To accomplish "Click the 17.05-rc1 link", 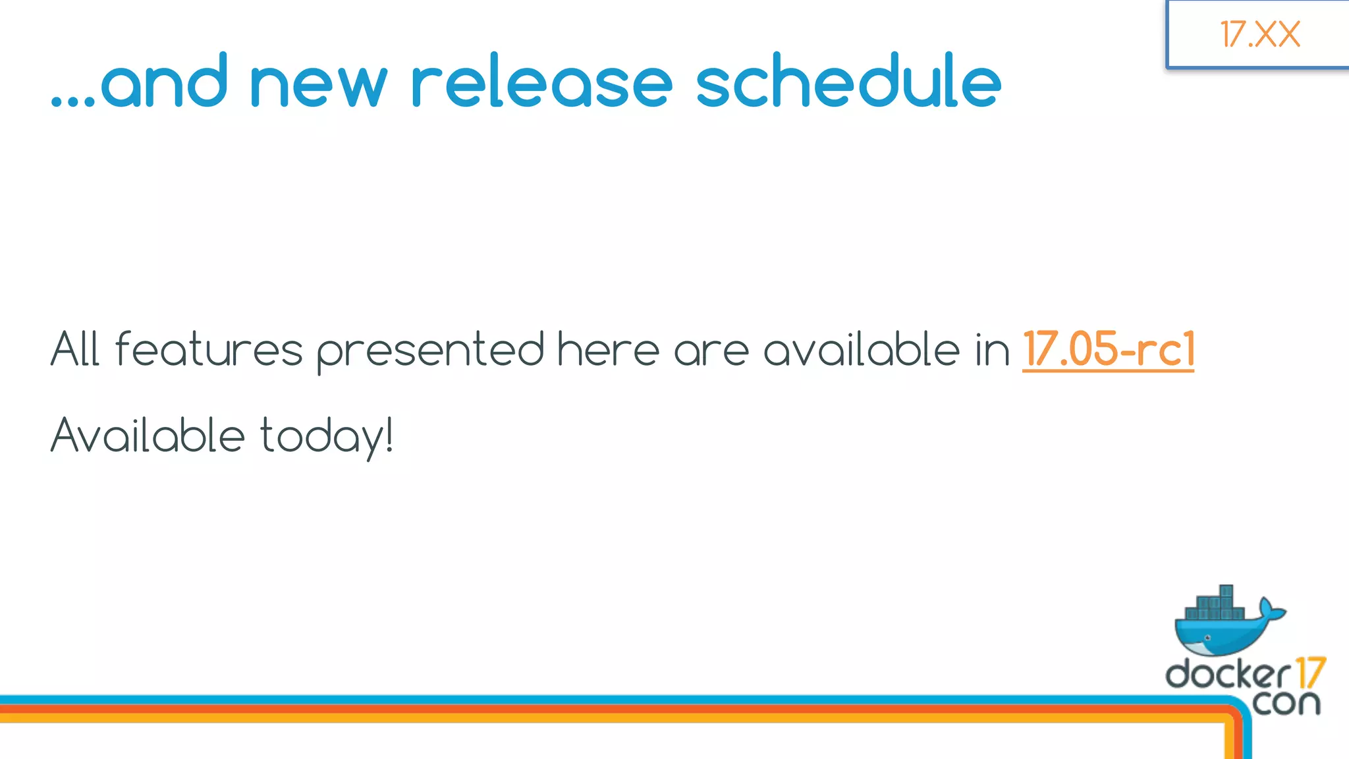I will tap(1108, 349).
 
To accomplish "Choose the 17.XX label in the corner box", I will tap(1259, 34).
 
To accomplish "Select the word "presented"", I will tap(430, 351).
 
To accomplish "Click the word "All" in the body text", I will tap(75, 349).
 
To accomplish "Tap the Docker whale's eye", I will tap(1207, 638).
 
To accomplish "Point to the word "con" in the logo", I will tap(1286, 702).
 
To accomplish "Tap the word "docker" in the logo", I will tap(1228, 673).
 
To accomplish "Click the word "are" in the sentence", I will tap(711, 351).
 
